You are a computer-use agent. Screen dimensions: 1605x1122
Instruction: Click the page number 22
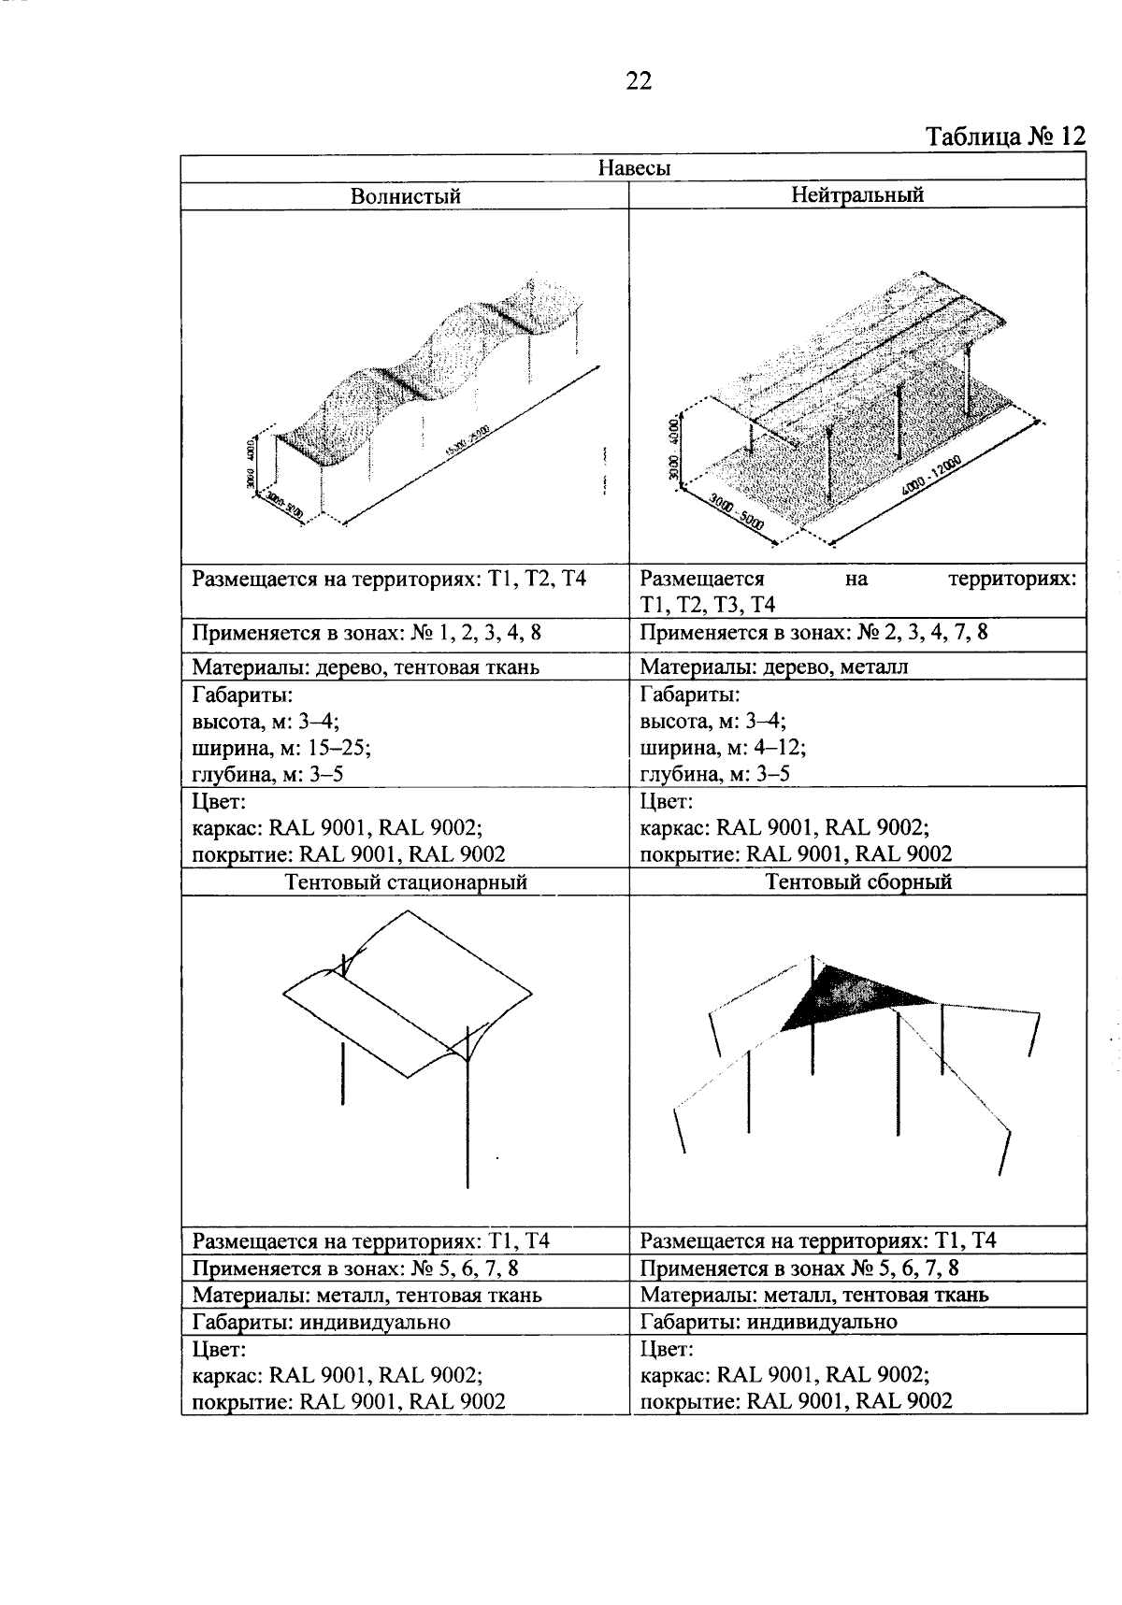638,82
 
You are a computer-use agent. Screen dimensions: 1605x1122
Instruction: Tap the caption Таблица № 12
1005,137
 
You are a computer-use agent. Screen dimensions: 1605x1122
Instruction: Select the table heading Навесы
634,168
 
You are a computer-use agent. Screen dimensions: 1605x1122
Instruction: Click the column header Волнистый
405,196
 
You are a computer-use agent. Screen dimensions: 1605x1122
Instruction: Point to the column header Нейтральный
856,195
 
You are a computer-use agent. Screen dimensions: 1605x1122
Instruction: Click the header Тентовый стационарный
405,882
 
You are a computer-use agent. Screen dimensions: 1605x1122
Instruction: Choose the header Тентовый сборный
857,881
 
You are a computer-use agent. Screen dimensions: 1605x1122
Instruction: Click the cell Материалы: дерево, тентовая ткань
366,667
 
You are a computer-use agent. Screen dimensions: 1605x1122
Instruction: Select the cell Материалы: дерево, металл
774,666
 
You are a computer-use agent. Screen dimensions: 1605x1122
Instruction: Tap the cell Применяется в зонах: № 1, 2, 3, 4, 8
367,633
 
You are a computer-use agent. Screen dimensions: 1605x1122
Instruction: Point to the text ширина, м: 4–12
723,748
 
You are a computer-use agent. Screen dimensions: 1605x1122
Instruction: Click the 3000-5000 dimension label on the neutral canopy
737,514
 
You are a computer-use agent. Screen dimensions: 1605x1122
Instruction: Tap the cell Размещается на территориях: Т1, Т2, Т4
389,579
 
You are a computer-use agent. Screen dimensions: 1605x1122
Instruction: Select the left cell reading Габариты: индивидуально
321,1322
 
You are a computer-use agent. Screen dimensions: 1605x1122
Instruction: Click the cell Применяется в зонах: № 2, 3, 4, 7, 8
813,633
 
